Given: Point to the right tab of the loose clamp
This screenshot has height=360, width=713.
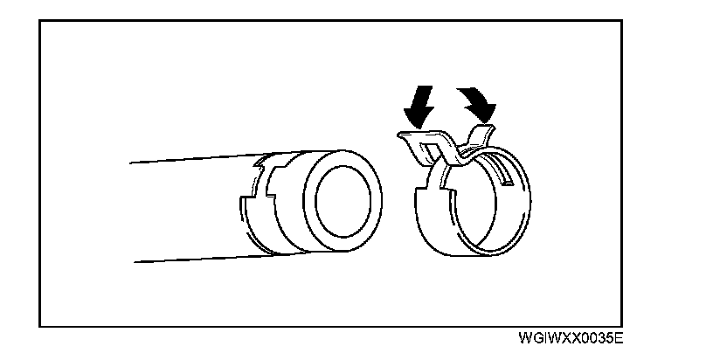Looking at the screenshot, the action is [x=478, y=133].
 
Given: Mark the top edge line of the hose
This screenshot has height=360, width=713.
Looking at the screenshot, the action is [x=192, y=158].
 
